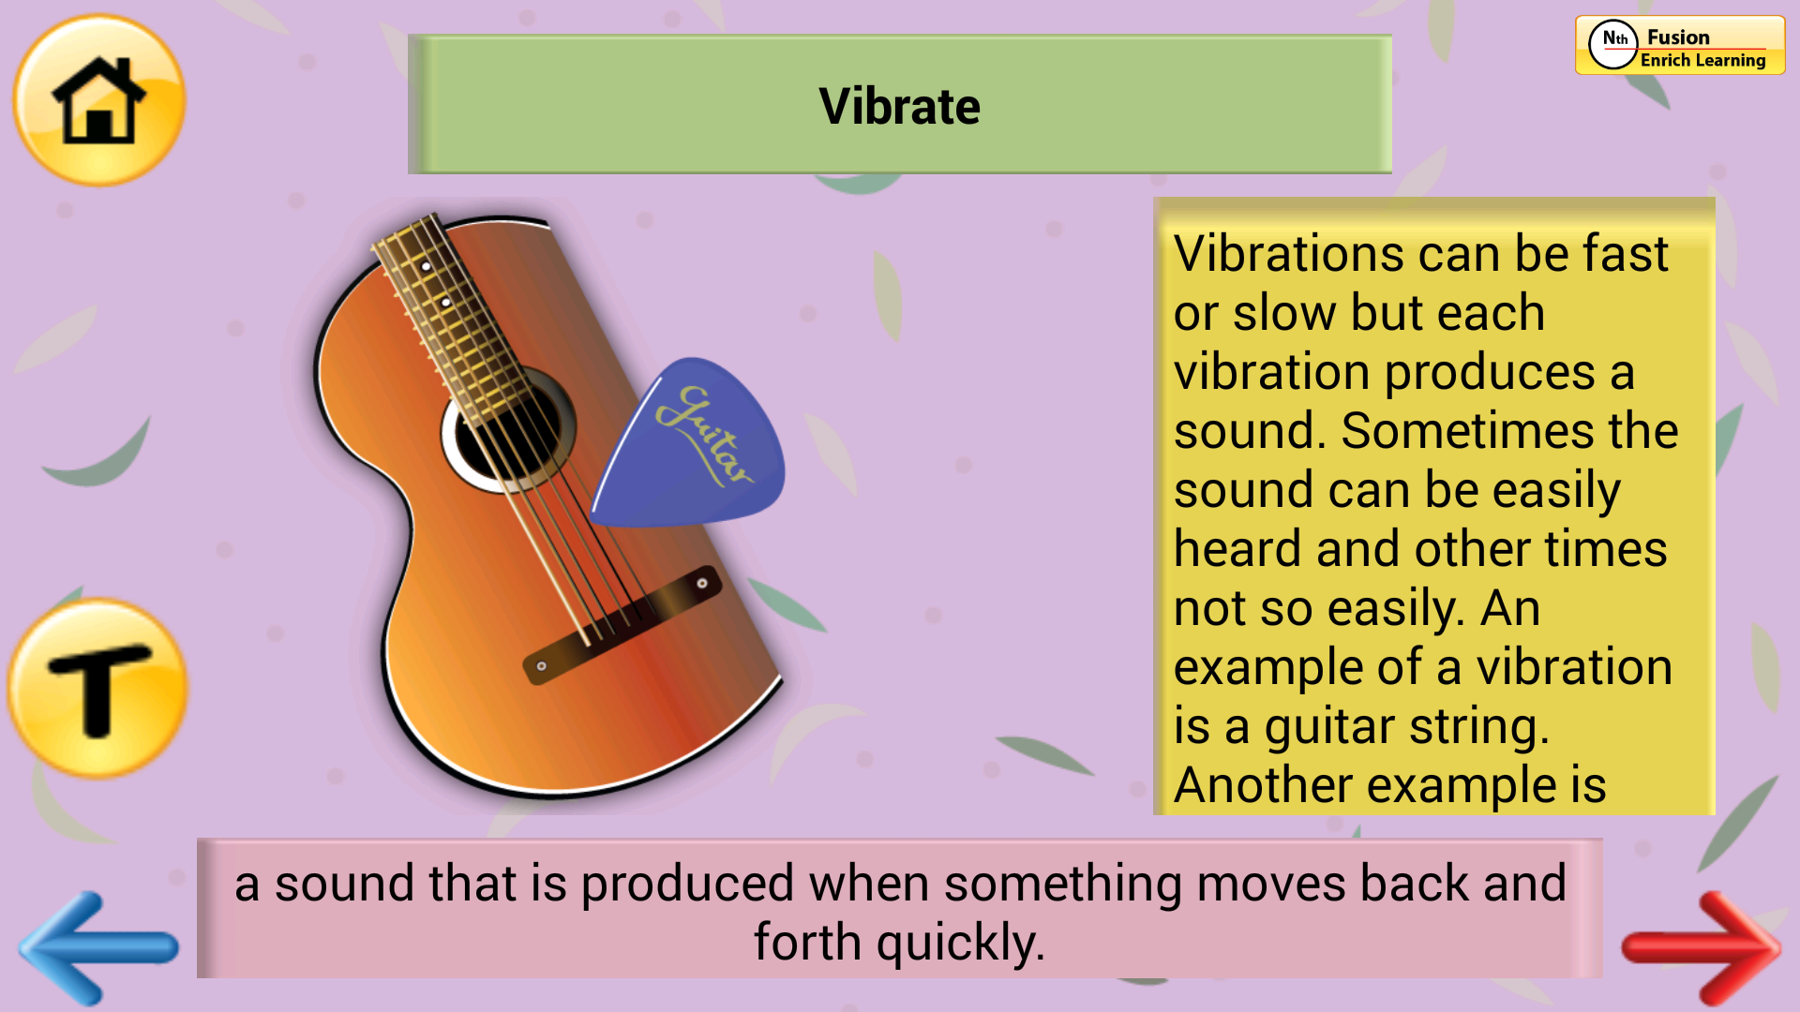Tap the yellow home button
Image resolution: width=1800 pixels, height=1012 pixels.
98,100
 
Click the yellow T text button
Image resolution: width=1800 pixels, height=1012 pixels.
97,689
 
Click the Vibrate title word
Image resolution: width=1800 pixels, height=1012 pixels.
899,106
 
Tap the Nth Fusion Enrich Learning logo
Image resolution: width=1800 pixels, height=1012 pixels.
1680,45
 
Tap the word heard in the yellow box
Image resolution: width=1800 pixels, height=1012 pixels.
1237,549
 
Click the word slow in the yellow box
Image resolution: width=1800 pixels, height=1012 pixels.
1286,313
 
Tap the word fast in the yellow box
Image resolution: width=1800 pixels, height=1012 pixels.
1626,254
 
